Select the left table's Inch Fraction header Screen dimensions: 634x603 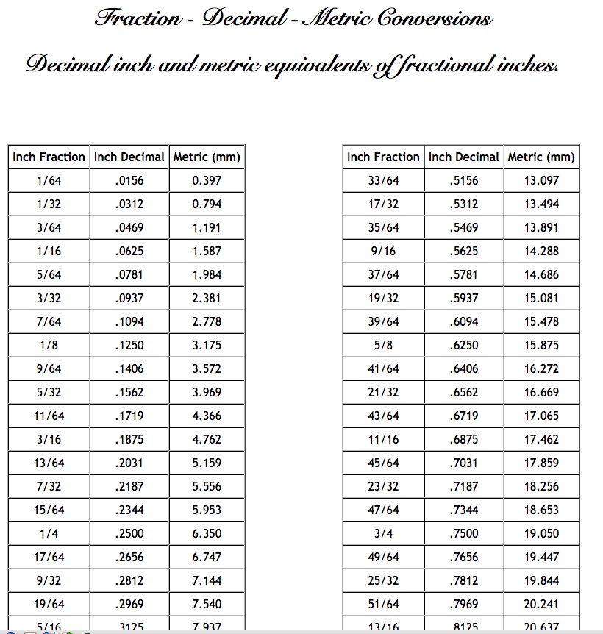49,157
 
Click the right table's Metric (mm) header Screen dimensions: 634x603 541,157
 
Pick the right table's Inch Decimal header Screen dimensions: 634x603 464,157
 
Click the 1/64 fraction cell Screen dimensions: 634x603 49,180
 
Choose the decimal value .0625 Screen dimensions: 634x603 129,251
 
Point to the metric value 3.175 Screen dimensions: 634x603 207,345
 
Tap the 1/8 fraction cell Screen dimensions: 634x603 49,345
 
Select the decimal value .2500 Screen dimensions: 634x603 129,533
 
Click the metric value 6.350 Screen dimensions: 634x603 207,533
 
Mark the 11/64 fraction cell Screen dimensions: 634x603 49,416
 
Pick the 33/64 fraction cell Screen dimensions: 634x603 383,180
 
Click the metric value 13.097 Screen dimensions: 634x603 541,180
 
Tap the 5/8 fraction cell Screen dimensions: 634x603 383,345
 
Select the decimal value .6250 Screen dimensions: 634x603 464,345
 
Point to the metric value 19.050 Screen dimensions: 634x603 541,533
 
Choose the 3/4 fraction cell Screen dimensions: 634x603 383,533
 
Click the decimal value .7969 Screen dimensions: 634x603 464,604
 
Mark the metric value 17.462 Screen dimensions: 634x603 541,439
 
